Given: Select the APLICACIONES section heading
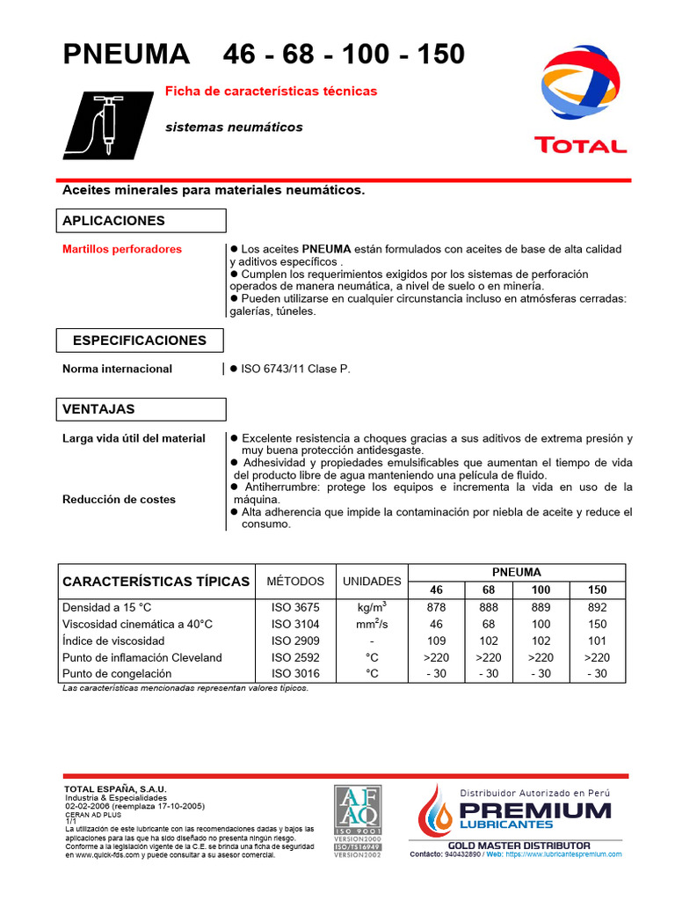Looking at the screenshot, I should click(x=113, y=220).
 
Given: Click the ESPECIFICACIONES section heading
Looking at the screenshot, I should click(x=140, y=341).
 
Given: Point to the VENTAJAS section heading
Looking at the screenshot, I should click(x=98, y=409).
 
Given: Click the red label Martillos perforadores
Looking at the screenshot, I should click(x=122, y=249).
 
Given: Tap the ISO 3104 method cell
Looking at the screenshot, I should click(x=295, y=624).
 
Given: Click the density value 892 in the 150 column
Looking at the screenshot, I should click(x=598, y=607).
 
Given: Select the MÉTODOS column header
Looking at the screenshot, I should click(x=295, y=582).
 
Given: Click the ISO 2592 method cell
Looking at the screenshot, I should click(x=295, y=657).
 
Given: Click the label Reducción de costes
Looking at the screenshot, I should click(x=119, y=499).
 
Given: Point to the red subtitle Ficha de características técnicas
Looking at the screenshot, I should click(x=272, y=91).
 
